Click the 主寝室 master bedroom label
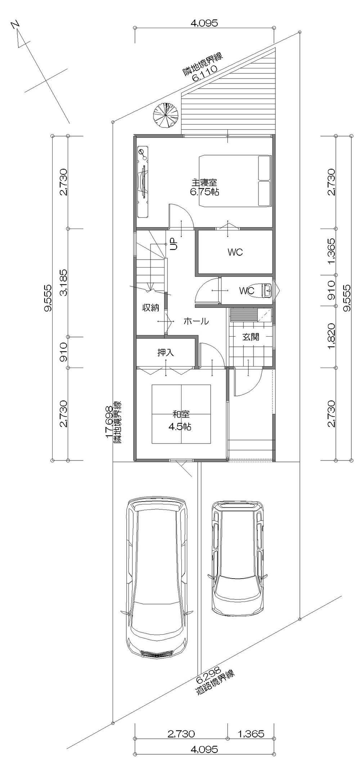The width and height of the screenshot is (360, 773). pyautogui.click(x=204, y=183)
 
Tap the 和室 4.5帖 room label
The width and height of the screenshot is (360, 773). pyautogui.click(x=180, y=415)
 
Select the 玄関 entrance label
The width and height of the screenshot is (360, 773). pyautogui.click(x=251, y=337)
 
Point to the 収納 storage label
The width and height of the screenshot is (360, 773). pyautogui.click(x=150, y=308)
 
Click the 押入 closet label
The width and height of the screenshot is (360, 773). pyautogui.click(x=166, y=352)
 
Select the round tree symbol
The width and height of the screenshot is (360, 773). pyautogui.click(x=166, y=116)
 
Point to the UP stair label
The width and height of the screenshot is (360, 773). pyautogui.click(x=174, y=244)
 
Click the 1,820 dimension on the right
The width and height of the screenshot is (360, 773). pyautogui.click(x=331, y=337)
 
